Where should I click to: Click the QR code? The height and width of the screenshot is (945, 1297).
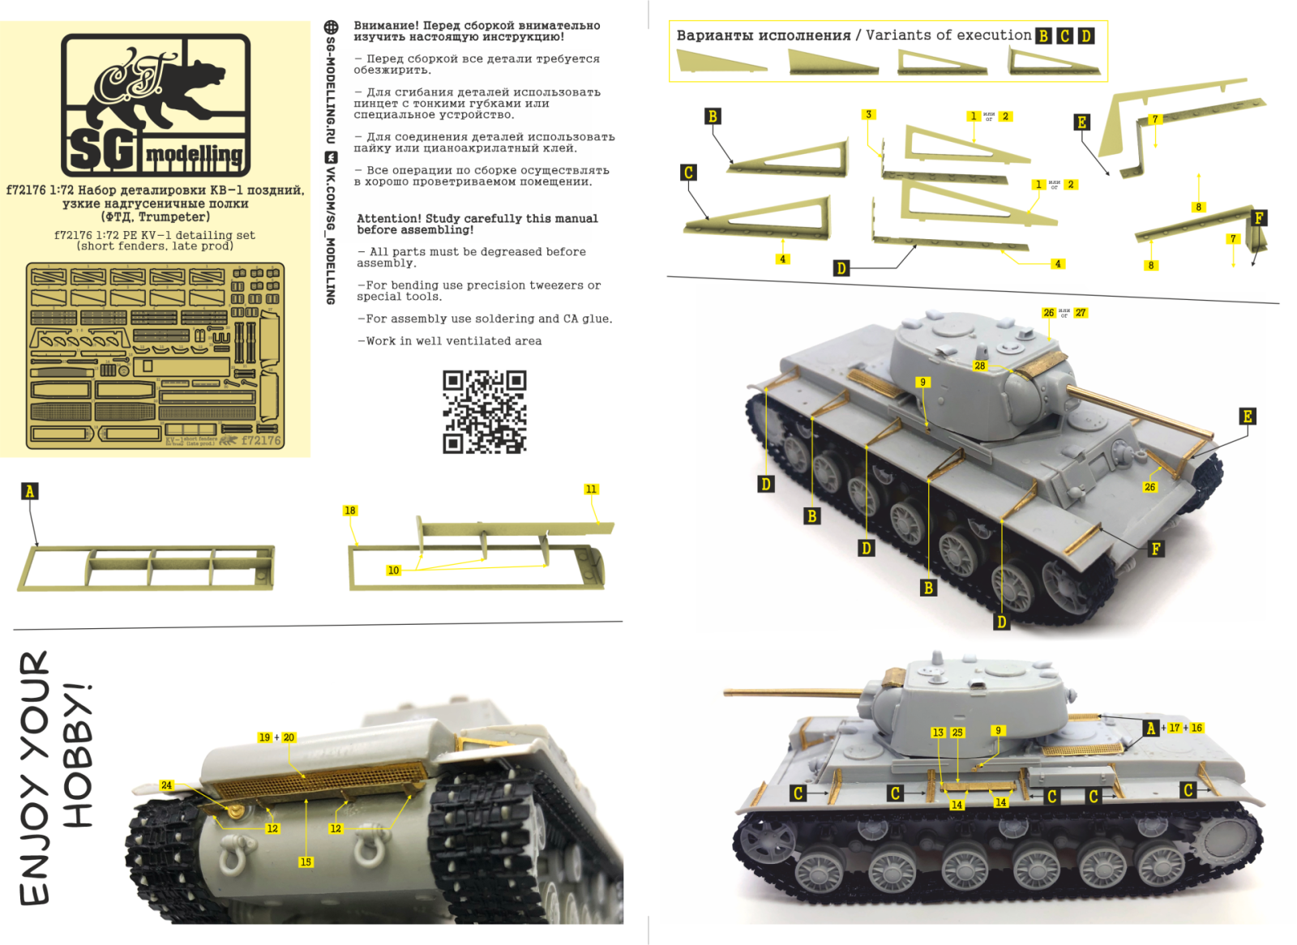(484, 412)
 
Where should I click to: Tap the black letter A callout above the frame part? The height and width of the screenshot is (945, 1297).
(30, 491)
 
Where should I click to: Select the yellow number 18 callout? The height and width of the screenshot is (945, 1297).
(349, 511)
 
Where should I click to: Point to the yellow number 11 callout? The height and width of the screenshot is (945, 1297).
(591, 490)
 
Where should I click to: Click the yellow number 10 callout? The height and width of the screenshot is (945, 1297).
(393, 571)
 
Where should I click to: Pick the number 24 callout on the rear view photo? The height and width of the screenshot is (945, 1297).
(166, 785)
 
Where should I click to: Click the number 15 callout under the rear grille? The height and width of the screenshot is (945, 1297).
(306, 862)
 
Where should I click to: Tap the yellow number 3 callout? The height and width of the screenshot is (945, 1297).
(868, 114)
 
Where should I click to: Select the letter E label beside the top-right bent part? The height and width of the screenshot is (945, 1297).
(1081, 122)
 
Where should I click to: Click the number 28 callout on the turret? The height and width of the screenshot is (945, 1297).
(980, 366)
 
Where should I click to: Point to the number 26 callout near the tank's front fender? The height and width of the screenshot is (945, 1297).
(1149, 487)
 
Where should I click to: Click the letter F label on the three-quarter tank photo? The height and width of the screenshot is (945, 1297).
(1156, 549)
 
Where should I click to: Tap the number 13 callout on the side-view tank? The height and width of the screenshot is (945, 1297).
(938, 732)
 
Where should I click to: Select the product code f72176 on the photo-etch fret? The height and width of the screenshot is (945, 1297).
(261, 441)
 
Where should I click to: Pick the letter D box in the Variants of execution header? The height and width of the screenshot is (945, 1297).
(1086, 36)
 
